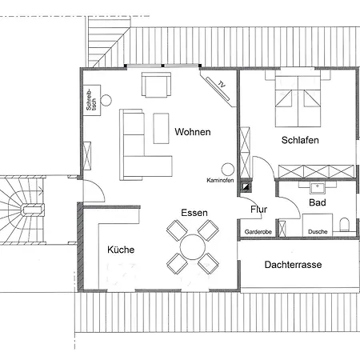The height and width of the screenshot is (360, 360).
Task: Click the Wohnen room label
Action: coord(193,132)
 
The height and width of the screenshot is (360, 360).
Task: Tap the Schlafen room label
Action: coord(300,140)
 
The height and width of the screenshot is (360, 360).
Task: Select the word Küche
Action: coord(121,250)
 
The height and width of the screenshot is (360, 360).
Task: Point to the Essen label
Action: coord(194,213)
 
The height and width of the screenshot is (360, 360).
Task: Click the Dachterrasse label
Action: coord(293,265)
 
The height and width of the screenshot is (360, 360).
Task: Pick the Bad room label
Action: coord(318,202)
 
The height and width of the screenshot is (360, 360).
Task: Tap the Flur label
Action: coord(258,210)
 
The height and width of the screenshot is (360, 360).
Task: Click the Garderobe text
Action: coord(258,232)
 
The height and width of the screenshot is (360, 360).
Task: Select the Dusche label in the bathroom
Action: coord(318,232)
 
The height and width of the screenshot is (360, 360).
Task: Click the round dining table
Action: coord(193,247)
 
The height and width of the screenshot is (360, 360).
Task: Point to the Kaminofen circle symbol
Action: coord(228,170)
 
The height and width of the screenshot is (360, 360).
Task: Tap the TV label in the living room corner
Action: coord(222,84)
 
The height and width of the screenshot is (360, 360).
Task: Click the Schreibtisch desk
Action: coord(92,100)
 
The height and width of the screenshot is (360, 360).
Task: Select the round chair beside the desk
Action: coord(106,100)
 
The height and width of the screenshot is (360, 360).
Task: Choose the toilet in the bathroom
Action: coord(345,225)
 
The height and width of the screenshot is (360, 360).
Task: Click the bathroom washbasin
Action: coord(317,188)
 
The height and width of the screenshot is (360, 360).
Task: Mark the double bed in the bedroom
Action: coord(298,102)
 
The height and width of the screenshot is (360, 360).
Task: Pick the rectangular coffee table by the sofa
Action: coord(161,128)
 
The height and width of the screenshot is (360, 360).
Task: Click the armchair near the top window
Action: coord(156,84)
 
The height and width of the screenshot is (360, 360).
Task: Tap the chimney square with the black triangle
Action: coord(246,186)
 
